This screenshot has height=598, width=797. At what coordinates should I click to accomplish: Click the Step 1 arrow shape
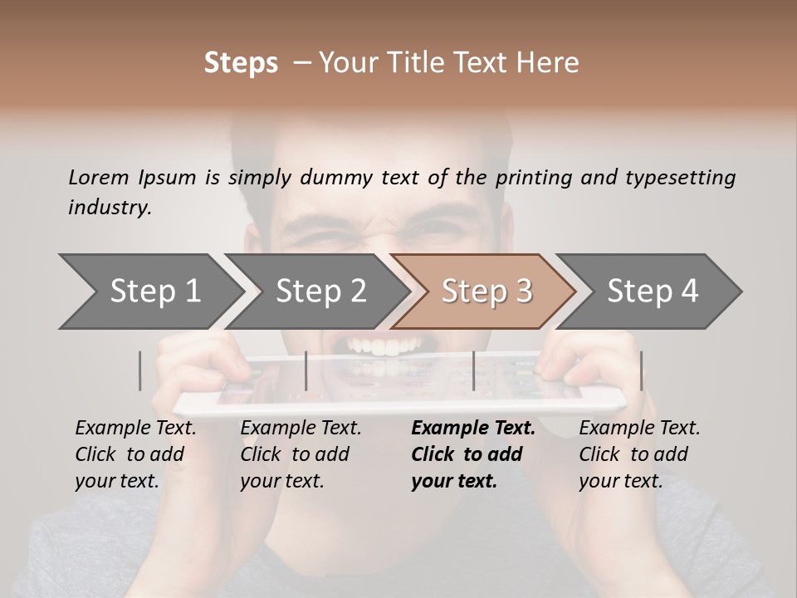(x=154, y=292)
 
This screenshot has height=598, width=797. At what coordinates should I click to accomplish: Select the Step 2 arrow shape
(x=320, y=292)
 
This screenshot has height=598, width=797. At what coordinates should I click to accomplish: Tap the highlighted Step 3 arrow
(x=487, y=292)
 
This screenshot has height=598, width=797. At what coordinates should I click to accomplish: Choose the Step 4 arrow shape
(x=653, y=292)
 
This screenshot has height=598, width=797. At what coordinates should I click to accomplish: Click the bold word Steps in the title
(x=241, y=63)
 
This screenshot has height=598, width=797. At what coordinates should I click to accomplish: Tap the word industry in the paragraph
(x=110, y=208)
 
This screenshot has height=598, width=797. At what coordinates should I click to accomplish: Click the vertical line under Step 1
(x=140, y=370)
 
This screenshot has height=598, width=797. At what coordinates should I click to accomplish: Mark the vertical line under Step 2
(x=306, y=370)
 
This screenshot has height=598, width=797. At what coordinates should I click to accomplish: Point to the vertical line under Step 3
(x=473, y=370)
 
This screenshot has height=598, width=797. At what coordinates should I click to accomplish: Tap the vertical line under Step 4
(x=641, y=370)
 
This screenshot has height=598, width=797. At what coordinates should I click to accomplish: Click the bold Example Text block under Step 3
(x=473, y=454)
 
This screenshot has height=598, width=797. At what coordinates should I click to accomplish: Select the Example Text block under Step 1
(x=135, y=454)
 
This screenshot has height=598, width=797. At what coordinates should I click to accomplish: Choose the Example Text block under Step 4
(x=639, y=454)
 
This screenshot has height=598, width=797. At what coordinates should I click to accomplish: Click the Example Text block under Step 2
(x=301, y=454)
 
